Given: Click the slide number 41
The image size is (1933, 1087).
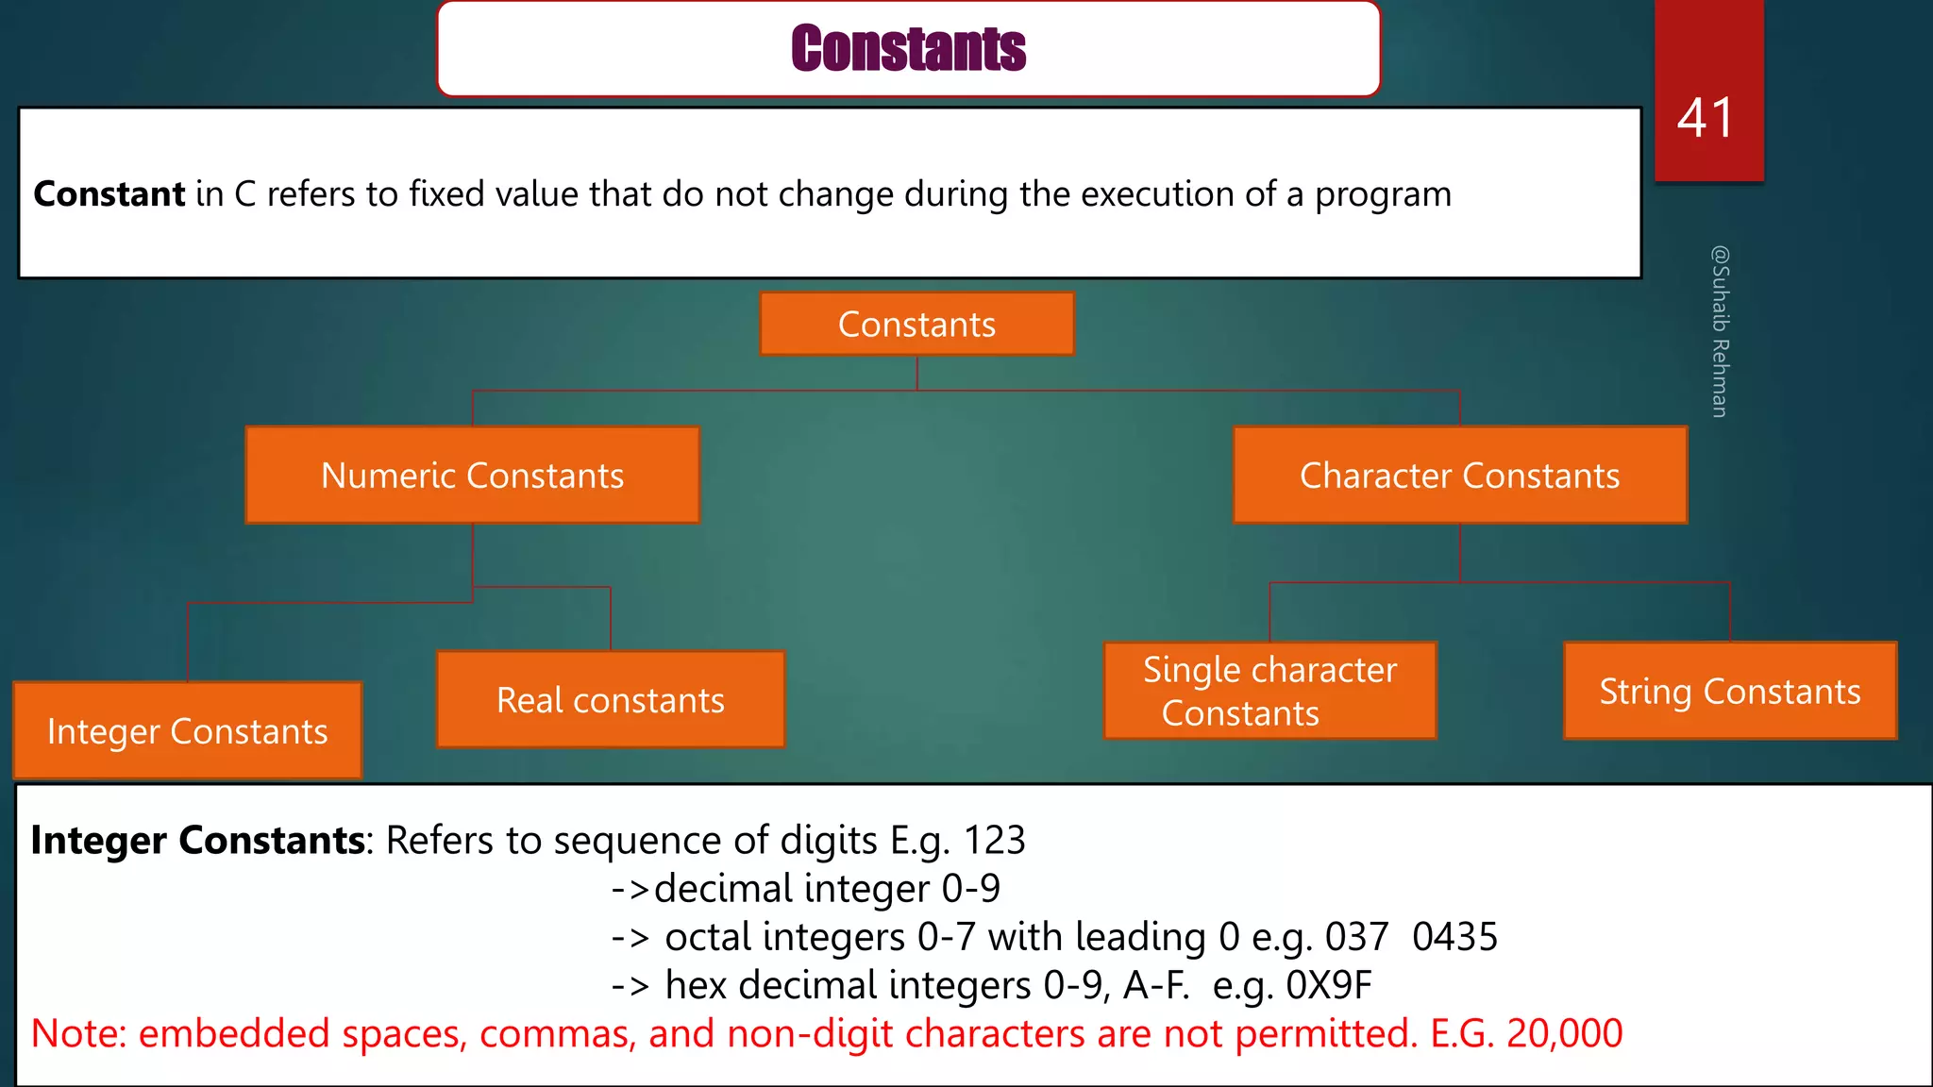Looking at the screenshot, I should pos(1706,118).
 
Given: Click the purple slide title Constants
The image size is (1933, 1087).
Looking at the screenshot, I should pos(908,49).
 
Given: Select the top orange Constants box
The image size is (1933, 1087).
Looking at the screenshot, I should pos(916,325).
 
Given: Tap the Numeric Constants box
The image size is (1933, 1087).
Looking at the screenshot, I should pos(472,476).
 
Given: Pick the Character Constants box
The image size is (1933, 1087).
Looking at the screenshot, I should pos(1459,476).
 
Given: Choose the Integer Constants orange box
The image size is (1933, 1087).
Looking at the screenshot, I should pos(187,731).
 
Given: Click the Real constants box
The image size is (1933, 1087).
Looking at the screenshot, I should pos(611,700).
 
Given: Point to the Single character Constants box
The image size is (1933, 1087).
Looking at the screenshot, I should pos(1269,691).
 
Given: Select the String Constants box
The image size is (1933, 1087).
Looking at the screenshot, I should pos(1729,692).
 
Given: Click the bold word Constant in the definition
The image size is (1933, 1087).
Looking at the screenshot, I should pos(109,194).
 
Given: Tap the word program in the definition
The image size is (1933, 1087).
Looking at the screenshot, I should pos(1383,194).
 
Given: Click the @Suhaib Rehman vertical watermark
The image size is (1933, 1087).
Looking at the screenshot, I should pos(1720,331).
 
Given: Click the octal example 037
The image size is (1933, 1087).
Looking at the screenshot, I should pos(1356,937).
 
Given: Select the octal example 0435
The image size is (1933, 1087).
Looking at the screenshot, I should pos(1454,937).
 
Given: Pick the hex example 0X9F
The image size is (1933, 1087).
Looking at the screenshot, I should pos(1329,985).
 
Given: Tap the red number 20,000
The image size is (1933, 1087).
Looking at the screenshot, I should pos(1564,1033).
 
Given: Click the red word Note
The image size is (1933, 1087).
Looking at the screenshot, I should pos(77,1033).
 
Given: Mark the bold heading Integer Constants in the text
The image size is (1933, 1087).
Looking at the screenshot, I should pos(198,840).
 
